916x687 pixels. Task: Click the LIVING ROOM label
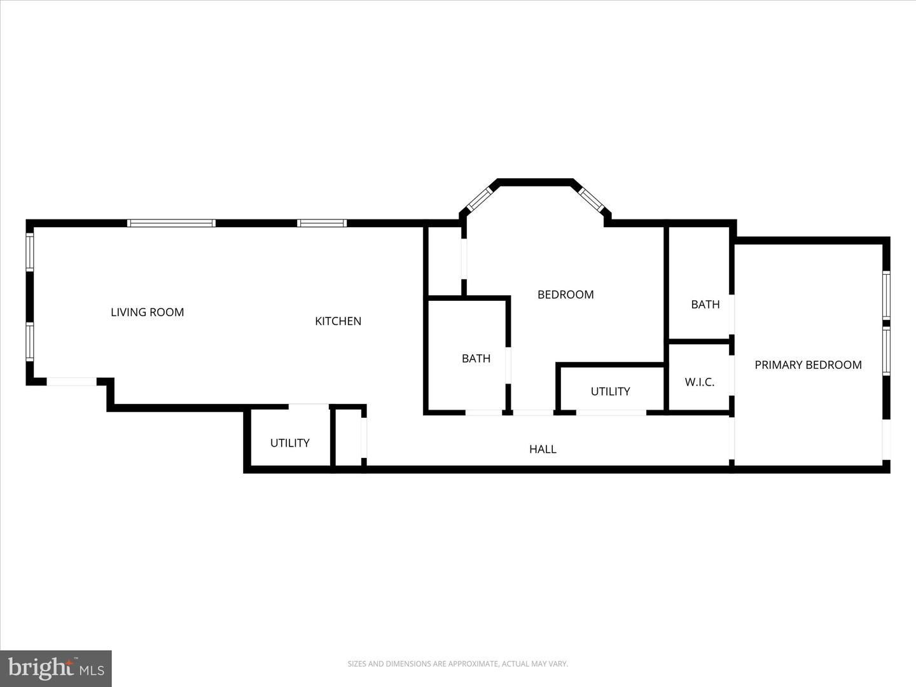(x=147, y=312)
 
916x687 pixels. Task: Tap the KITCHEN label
(x=338, y=321)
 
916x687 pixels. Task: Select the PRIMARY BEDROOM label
(x=808, y=365)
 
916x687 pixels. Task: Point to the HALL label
(x=543, y=449)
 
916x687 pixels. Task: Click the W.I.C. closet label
(x=699, y=382)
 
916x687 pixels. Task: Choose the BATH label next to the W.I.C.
(x=705, y=305)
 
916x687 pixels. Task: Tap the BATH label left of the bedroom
(x=476, y=359)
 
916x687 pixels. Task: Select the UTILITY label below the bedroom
(x=610, y=391)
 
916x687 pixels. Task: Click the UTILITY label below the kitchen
(x=289, y=443)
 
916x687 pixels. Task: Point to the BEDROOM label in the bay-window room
(x=566, y=295)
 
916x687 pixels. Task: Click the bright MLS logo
(x=56, y=669)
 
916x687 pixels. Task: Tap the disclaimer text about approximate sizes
(x=457, y=664)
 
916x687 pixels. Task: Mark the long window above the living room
(x=171, y=223)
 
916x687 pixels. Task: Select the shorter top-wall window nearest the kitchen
(x=322, y=223)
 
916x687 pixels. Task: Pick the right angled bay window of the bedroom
(x=591, y=198)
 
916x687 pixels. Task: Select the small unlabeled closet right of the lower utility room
(x=348, y=437)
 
